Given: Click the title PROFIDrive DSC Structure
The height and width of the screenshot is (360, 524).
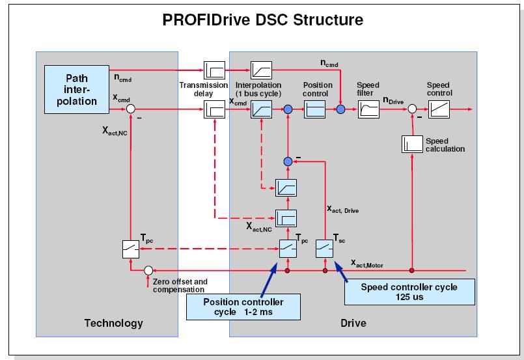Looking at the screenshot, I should click(x=262, y=20).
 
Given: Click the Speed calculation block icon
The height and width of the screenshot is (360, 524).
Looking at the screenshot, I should click(x=413, y=145).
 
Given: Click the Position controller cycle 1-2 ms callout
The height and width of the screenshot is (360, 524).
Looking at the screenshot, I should click(x=244, y=306).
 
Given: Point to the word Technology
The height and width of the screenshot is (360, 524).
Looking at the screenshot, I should click(x=114, y=323).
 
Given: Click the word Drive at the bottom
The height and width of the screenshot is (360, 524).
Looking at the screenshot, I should click(x=353, y=323).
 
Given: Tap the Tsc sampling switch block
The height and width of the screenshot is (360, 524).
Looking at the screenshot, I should click(x=325, y=248).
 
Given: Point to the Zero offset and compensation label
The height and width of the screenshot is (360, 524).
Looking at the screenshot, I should click(x=180, y=285).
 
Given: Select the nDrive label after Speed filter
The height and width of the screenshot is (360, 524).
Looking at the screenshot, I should click(x=394, y=100).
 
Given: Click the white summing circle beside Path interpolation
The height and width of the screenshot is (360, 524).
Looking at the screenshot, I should click(x=131, y=111).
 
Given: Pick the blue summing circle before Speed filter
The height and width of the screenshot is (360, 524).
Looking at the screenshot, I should click(x=340, y=111).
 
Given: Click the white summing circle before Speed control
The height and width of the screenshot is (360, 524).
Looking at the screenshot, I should click(x=413, y=111).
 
